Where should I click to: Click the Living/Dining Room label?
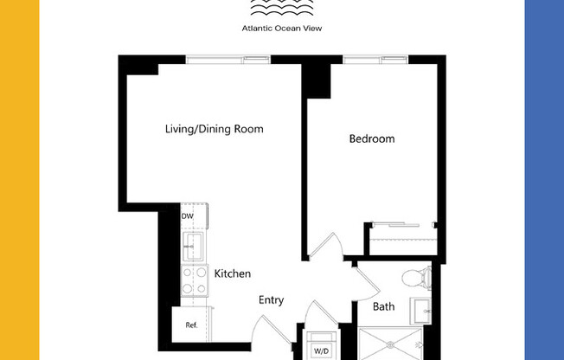214,129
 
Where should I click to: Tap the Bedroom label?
372,138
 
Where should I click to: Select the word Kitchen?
233,273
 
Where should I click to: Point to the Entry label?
271,300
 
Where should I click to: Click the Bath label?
384,306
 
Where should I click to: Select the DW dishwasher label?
187,216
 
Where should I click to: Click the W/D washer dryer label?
321,350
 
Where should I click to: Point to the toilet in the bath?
416,277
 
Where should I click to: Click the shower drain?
420,344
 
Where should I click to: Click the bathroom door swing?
364,280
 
